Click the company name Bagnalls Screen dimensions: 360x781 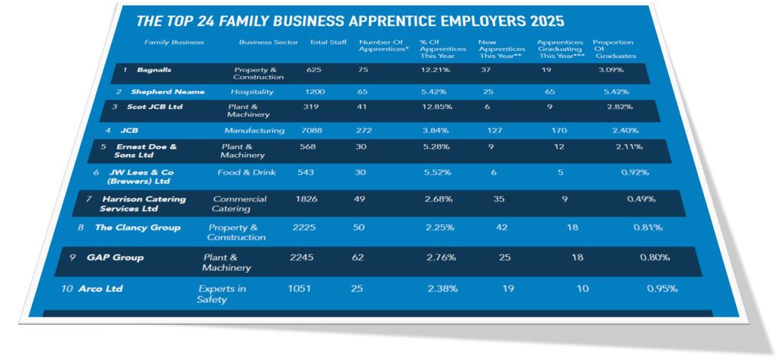tap(154, 69)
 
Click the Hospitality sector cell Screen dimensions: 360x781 tap(252, 92)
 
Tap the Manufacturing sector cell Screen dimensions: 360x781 tap(254, 130)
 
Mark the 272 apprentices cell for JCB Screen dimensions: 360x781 tap(364, 130)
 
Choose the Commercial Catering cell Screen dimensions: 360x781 tap(239, 204)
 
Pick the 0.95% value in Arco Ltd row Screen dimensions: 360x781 tap(662, 288)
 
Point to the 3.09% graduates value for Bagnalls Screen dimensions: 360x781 tap(611, 69)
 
